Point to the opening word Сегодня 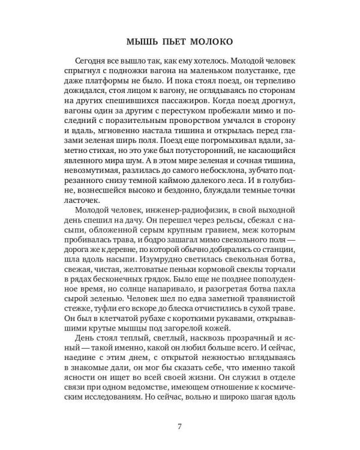94,63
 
